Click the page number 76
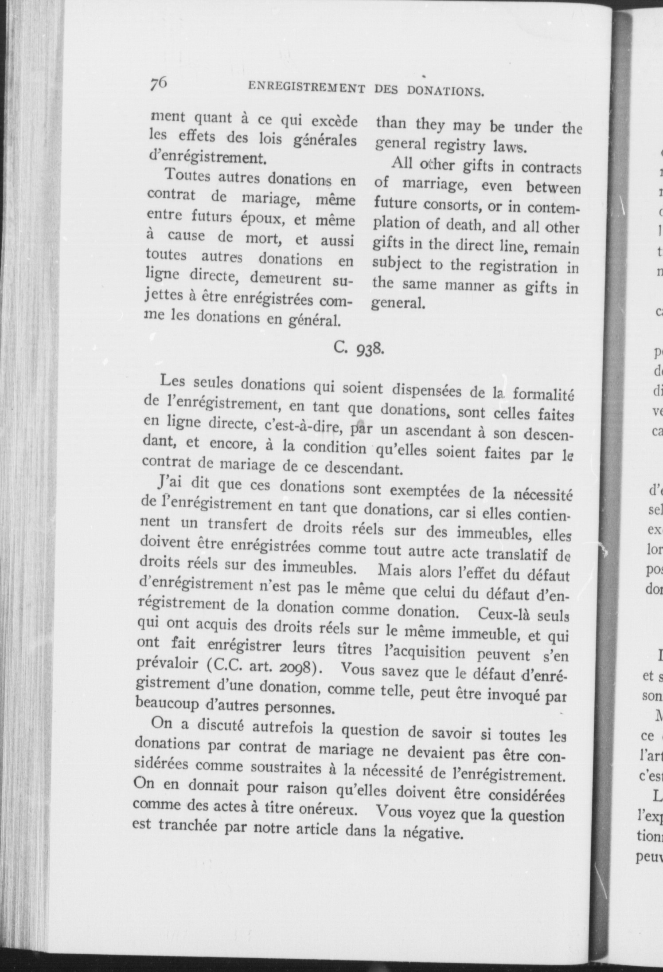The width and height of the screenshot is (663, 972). point(158,83)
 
